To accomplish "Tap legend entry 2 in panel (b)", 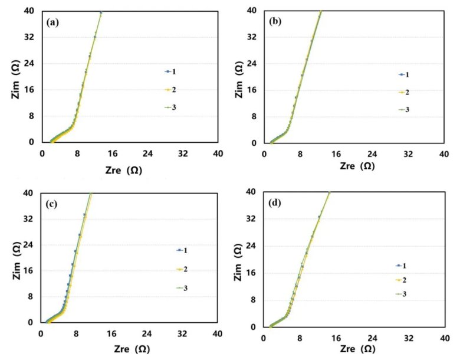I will pyautogui.click(x=404, y=92).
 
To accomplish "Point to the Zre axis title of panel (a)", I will pyautogui.click(x=123, y=169).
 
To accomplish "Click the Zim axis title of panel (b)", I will pyautogui.click(x=238, y=77).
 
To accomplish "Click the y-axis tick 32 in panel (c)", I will pyautogui.click(x=28, y=219).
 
